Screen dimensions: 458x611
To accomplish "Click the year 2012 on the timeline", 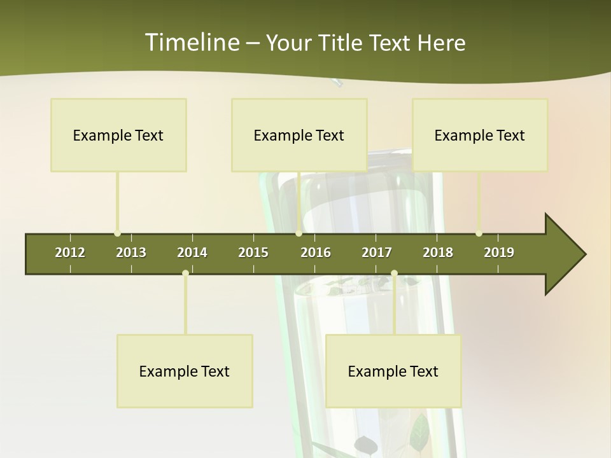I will coord(70,253).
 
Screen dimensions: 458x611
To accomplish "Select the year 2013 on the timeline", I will coord(131,253).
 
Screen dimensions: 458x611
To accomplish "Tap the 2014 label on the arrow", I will coord(192,253).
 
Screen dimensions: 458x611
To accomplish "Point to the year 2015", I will coord(253,253).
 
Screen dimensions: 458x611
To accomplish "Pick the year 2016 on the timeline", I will coord(316,253).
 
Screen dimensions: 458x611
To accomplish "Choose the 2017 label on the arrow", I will coord(377,253).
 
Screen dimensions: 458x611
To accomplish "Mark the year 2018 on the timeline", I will coord(438,253).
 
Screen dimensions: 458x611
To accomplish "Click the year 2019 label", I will coord(499,253).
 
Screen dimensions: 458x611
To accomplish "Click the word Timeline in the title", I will coord(191,43).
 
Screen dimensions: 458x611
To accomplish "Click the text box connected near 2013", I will coord(118,135).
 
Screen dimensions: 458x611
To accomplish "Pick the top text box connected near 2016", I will coord(299,135).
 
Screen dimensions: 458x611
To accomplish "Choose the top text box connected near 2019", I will coord(480,135).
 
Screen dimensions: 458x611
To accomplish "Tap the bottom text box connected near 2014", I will coord(185,371).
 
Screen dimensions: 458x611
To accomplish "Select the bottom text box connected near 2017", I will coord(393,371).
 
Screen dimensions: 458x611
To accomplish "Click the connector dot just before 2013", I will coord(117,233).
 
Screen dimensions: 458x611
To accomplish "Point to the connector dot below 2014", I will coord(185,273).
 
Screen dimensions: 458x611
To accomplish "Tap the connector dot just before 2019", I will coord(479,233).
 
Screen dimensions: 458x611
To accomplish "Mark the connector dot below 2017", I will coord(394,273).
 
